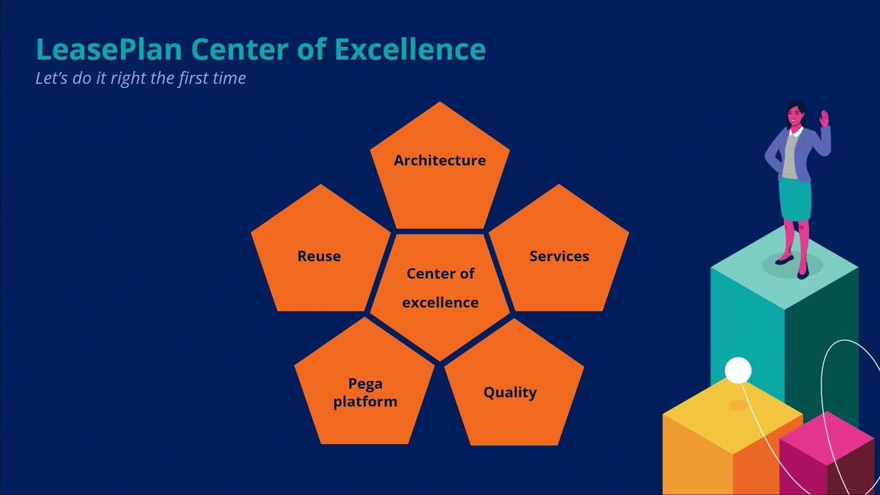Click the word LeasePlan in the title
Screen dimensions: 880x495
click(109, 50)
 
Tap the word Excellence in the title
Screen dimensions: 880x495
click(410, 49)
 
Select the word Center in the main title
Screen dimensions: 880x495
click(240, 49)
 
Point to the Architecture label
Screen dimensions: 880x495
click(439, 160)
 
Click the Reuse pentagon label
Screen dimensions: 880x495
click(319, 256)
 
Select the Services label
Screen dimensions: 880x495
click(559, 256)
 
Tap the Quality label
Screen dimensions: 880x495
click(510, 393)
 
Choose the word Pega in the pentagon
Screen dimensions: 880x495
click(365, 384)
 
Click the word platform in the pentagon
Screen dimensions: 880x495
click(365, 401)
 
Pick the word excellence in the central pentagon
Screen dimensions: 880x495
click(441, 302)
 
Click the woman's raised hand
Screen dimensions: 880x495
click(824, 118)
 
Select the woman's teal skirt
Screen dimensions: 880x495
click(795, 199)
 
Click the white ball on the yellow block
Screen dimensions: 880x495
click(738, 371)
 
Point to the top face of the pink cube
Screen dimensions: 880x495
click(827, 438)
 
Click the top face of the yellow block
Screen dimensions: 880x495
click(733, 416)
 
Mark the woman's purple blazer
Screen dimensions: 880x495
click(797, 153)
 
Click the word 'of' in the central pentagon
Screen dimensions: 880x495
click(467, 274)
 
